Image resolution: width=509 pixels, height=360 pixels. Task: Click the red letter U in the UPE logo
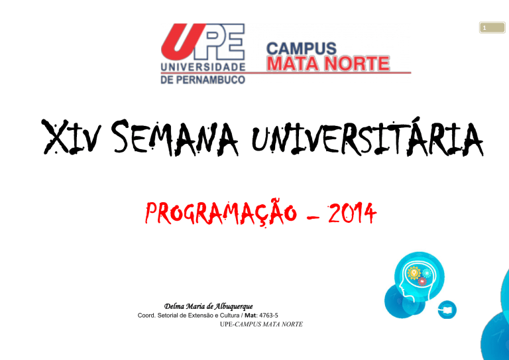[184, 38]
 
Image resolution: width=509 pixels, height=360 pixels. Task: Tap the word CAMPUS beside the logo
[302, 48]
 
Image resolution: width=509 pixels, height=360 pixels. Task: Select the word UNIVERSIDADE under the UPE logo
[203, 67]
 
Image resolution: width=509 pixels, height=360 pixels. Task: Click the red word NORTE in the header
[358, 63]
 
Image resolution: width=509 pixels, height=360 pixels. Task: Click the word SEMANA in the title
[176, 137]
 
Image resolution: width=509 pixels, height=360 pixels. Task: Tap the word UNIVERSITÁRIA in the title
[367, 137]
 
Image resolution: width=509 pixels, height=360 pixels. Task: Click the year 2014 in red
[352, 213]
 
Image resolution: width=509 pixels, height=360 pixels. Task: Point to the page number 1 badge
[492, 28]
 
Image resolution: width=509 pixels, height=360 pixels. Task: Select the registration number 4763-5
[268, 315]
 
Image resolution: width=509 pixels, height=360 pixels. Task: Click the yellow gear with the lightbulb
[414, 272]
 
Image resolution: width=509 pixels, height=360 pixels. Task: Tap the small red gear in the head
[422, 282]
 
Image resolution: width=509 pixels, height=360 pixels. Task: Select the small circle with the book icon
[447, 310]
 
